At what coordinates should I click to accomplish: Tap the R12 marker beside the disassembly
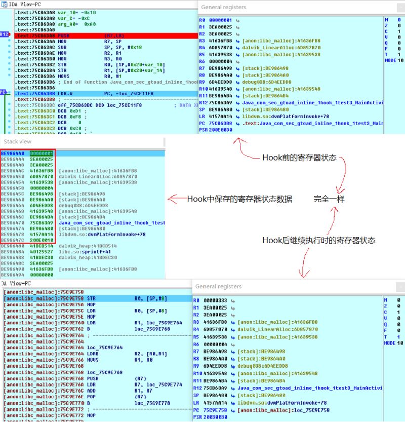4,34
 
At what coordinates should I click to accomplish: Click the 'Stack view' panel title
18,141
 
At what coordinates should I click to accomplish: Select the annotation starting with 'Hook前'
299,158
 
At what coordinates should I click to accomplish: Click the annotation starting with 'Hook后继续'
319,240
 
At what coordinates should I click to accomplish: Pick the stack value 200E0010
40,240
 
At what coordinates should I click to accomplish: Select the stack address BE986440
13,153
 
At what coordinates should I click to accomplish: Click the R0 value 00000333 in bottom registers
215,300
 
